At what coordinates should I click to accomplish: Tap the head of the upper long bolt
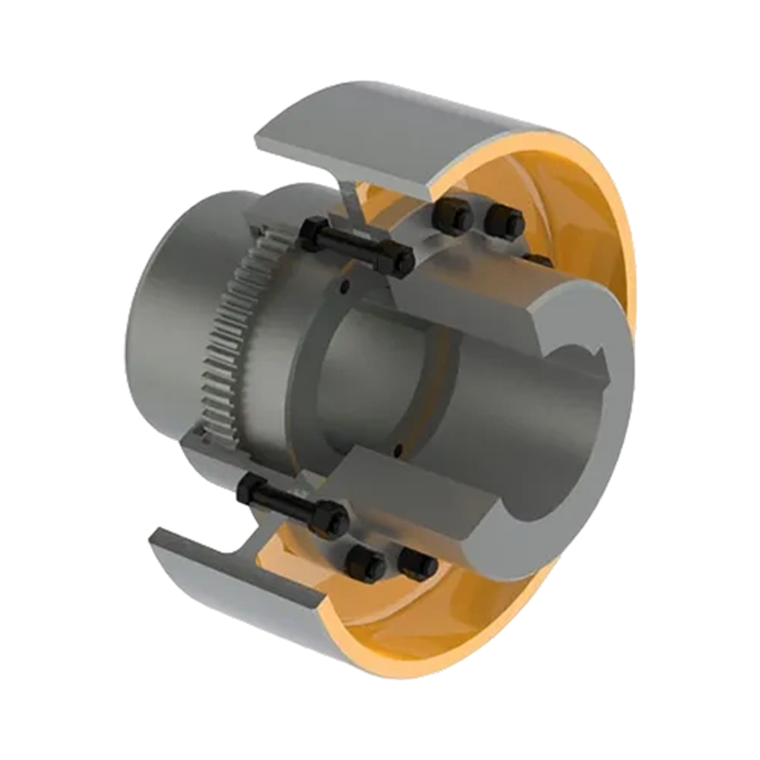click(x=313, y=230)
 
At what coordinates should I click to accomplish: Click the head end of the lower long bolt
click(x=249, y=490)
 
